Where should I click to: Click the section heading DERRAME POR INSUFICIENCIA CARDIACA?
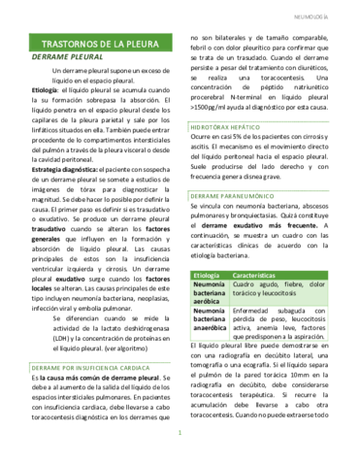tap(88, 341)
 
